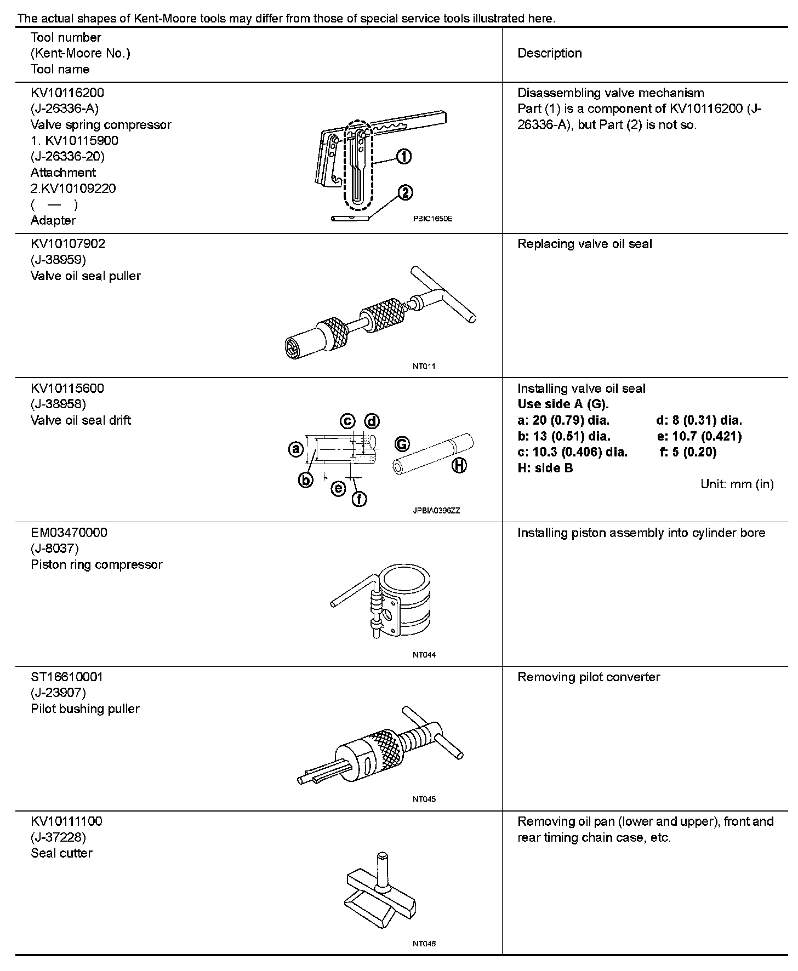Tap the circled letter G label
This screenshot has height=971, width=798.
pyautogui.click(x=402, y=443)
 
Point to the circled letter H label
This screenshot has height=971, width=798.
pyautogui.click(x=459, y=466)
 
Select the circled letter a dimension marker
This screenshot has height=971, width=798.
pyautogui.click(x=296, y=449)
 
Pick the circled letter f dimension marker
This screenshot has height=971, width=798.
pyautogui.click(x=359, y=499)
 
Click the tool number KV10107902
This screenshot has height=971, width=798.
pyautogui.click(x=68, y=244)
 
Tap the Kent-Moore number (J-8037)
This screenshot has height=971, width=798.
pyautogui.click(x=55, y=549)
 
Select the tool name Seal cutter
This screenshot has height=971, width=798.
pyautogui.click(x=61, y=853)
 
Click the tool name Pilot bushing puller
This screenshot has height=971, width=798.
pyautogui.click(x=85, y=709)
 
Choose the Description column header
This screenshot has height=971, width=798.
pyautogui.click(x=550, y=53)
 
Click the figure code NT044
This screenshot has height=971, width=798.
pyautogui.click(x=424, y=655)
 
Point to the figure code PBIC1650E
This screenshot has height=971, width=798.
pyautogui.click(x=432, y=219)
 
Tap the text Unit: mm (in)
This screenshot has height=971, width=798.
pyautogui.click(x=737, y=484)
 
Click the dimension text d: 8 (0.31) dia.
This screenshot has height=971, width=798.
pyautogui.click(x=699, y=420)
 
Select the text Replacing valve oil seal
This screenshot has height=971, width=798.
pyautogui.click(x=585, y=244)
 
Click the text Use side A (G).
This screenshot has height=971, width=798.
pyautogui.click(x=563, y=404)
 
